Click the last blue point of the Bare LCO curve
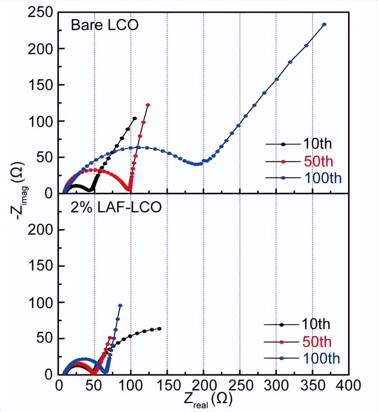click(324, 24)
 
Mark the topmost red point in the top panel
click(148, 105)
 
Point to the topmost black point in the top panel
click(135, 118)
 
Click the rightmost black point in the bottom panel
click(159, 329)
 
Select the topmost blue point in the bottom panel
click(120, 306)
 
